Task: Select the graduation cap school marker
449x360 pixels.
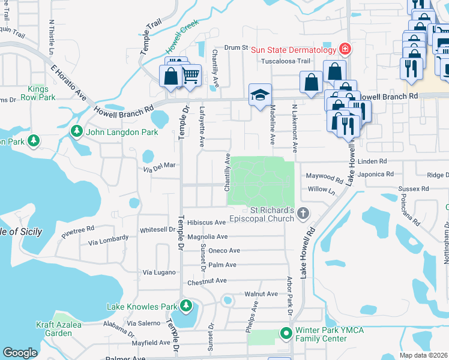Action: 261,95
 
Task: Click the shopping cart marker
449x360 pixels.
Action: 190,75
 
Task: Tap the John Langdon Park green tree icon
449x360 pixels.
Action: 76,131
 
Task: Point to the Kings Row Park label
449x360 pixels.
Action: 38,92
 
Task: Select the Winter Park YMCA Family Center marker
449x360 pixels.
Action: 286,332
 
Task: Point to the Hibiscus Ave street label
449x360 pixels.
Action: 206,223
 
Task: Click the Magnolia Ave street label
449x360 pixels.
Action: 207,237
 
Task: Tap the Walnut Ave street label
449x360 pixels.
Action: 261,294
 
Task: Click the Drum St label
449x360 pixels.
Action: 237,47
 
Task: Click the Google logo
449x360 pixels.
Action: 20,353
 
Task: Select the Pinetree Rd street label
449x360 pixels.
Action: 77,229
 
